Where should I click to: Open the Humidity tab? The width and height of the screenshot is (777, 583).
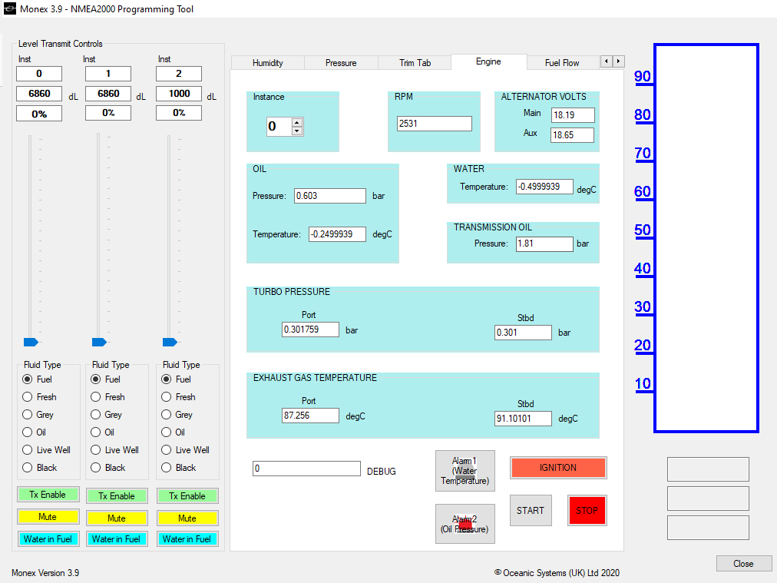tap(268, 63)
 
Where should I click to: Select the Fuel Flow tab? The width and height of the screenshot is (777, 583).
tap(562, 63)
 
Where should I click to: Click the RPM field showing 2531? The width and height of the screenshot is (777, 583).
tap(434, 124)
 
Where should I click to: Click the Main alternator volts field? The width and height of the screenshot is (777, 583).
tap(573, 115)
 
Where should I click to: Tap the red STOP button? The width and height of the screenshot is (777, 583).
tap(587, 510)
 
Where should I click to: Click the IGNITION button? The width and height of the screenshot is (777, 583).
tap(558, 468)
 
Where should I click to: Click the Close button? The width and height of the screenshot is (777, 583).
tap(743, 564)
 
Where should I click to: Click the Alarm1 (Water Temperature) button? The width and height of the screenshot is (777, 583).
tap(465, 471)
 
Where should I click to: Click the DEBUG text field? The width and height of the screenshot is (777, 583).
tap(306, 469)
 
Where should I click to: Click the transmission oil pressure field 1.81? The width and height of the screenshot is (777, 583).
tap(544, 244)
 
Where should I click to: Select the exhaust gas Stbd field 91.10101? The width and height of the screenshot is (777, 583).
tap(523, 419)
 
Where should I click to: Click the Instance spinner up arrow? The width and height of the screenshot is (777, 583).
tap(297, 122)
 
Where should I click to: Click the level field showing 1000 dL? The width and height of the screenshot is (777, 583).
tap(179, 94)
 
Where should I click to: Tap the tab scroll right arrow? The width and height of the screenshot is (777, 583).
tap(618, 61)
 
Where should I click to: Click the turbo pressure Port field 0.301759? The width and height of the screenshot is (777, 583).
tap(311, 330)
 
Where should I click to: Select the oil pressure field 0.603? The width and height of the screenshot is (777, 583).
tap(330, 196)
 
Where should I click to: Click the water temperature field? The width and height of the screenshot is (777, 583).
tap(544, 187)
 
